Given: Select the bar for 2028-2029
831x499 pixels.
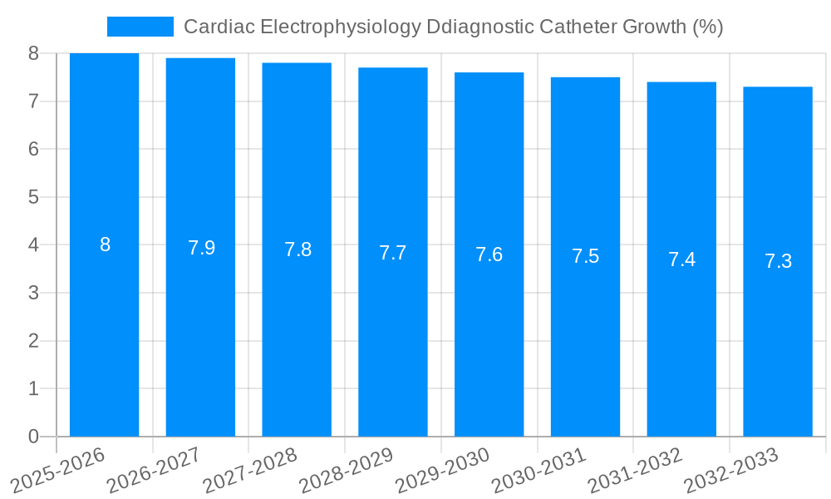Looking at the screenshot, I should click(x=393, y=333).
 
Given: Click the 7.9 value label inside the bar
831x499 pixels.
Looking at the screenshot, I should click(x=201, y=248).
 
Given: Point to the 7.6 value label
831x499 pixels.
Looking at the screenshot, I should click(x=489, y=254).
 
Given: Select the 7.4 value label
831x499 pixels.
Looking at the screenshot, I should click(x=681, y=259).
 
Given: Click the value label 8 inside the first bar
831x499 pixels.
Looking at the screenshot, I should click(x=106, y=245).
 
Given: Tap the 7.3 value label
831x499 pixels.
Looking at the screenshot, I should click(x=778, y=261).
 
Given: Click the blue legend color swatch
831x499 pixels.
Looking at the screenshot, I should click(x=140, y=27).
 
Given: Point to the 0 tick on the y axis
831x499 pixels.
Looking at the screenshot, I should click(x=33, y=437).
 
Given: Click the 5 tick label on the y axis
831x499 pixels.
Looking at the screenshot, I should click(x=33, y=197).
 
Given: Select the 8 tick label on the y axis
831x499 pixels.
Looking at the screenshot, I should click(x=33, y=53).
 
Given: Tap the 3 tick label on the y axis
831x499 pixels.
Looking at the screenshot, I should click(x=33, y=293).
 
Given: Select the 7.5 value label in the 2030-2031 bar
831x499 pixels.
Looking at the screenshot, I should click(x=585, y=256).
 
